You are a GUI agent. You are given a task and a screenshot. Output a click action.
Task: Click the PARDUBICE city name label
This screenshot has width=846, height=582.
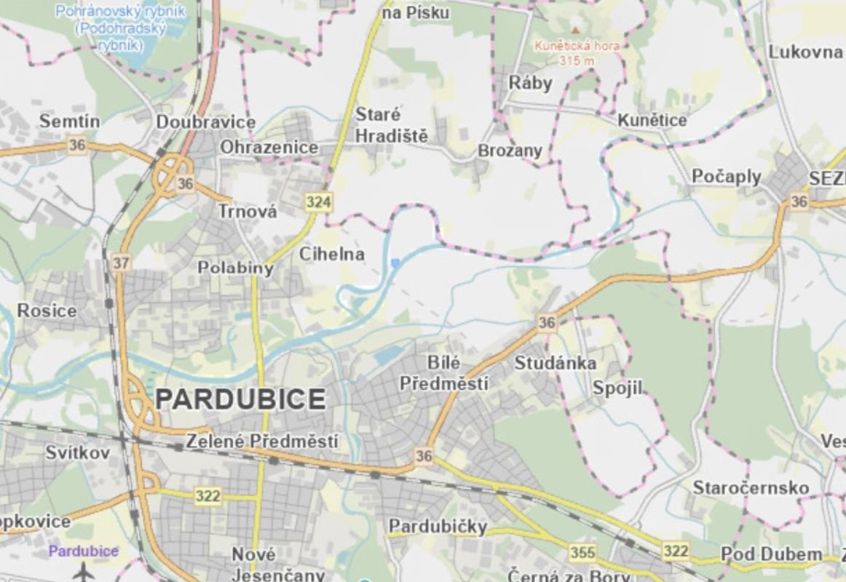[241, 399]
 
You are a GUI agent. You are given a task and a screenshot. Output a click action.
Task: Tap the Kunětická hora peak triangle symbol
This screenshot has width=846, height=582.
[576, 30]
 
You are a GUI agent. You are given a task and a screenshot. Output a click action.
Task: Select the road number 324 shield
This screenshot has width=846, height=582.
[318, 202]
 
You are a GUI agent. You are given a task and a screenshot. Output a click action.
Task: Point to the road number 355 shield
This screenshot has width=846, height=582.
[582, 552]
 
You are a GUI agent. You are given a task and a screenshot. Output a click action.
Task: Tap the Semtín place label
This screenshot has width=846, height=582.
[70, 121]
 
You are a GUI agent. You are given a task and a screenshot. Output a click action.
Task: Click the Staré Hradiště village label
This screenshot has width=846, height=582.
[391, 125]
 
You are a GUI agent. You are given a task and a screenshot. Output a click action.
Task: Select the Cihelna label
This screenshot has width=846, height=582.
[331, 255]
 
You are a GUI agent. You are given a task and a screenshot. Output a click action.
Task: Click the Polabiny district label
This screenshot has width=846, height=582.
[235, 268]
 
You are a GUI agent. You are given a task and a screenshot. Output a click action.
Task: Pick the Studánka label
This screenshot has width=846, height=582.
[556, 362]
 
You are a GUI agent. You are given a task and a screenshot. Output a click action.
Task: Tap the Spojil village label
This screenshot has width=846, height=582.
[618, 388]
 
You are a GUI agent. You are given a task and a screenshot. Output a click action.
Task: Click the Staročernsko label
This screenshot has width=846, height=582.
[751, 487]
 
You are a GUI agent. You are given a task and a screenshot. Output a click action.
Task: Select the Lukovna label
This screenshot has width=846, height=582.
[805, 52]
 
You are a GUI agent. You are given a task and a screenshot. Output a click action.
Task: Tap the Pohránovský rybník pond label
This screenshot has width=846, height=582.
[120, 28]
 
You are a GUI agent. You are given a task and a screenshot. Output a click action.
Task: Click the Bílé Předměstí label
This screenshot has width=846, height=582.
[444, 372]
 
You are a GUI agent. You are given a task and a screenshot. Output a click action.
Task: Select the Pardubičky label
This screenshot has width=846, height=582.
[437, 526]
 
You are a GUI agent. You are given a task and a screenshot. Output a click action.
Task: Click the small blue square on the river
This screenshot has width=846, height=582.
[395, 263]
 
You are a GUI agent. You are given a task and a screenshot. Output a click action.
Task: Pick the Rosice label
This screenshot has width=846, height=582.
[47, 311]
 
